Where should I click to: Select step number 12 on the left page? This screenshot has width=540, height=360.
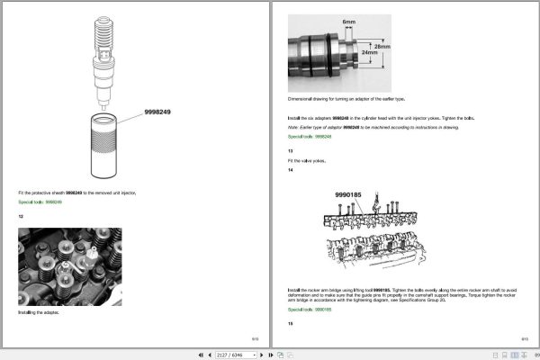coord(21,216)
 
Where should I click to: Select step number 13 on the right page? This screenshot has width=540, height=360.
coord(290,151)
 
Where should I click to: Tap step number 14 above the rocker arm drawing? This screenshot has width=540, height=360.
coord(290,170)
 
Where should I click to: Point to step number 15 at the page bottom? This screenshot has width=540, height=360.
coord(290,323)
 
